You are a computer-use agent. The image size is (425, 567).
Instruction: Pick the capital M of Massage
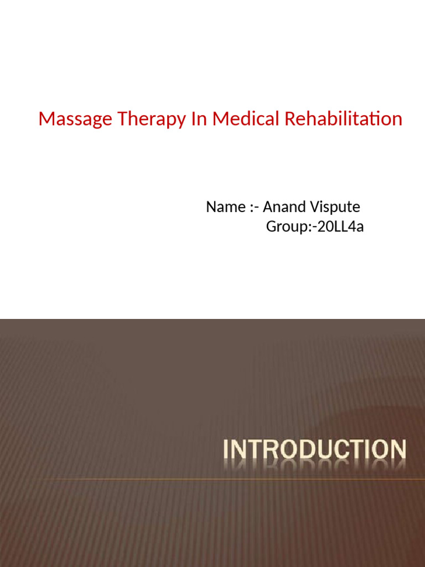point(45,119)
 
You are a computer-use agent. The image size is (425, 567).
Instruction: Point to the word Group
point(282,227)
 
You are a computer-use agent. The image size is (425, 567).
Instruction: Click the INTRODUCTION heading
point(314,450)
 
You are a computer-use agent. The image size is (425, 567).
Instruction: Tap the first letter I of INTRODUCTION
point(226,450)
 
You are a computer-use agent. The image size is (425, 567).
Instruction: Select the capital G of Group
point(271,226)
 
